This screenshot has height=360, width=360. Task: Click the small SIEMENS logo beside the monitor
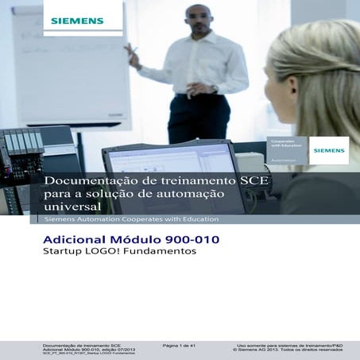click(328, 150)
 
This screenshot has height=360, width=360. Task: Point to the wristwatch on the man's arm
click(215, 88)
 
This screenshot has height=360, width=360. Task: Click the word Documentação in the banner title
click(85, 181)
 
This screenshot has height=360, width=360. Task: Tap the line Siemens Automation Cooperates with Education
click(132, 219)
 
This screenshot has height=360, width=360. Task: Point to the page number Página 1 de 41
click(179, 346)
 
